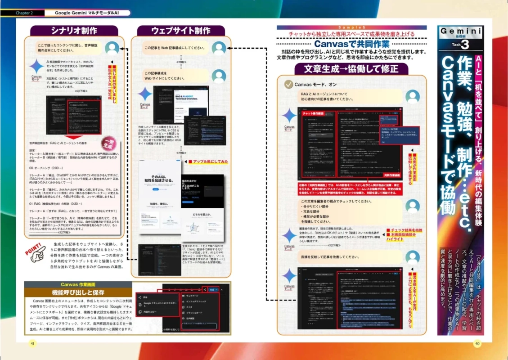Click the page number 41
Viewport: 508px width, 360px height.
click(32, 343)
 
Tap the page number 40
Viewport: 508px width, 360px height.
click(477, 343)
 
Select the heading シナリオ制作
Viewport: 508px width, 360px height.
click(74, 31)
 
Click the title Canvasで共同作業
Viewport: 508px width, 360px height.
click(351, 45)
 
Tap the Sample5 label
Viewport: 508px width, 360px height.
click(351, 27)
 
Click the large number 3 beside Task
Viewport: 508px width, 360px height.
click(465, 45)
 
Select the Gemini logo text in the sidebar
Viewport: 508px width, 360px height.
click(460, 31)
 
